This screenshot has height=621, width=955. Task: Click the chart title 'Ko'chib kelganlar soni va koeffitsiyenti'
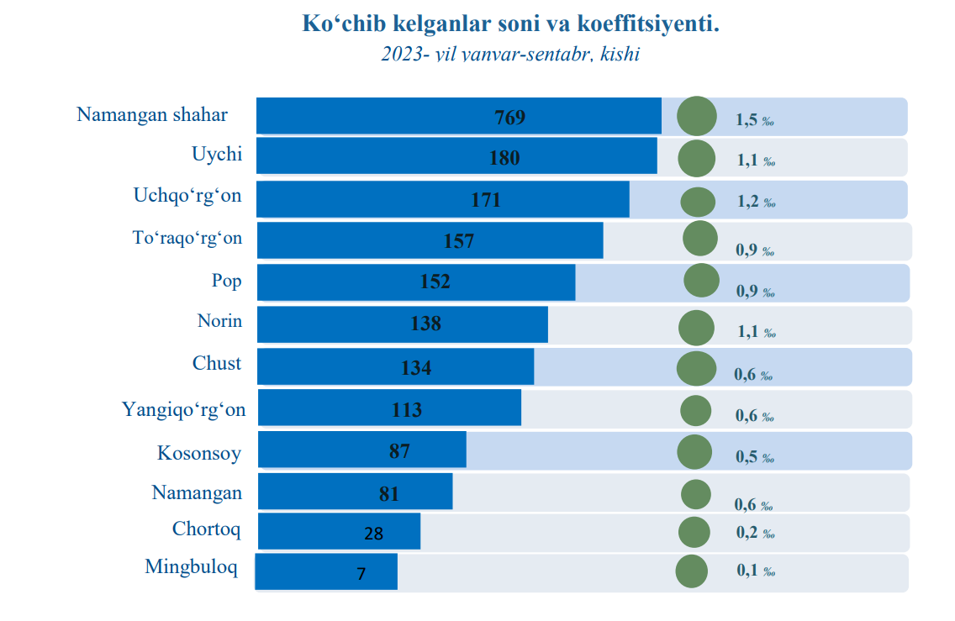pyautogui.click(x=510, y=24)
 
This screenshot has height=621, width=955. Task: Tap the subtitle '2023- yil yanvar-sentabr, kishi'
pyautogui.click(x=510, y=55)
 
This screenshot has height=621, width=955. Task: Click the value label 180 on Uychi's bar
pyautogui.click(x=504, y=158)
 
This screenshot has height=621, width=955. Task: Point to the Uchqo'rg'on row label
pyautogui.click(x=187, y=196)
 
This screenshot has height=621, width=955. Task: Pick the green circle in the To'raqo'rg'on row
pyautogui.click(x=699, y=239)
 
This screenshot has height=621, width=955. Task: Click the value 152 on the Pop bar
pyautogui.click(x=435, y=282)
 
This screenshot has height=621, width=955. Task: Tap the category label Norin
pyautogui.click(x=219, y=321)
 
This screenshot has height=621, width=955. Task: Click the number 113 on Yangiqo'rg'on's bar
pyautogui.click(x=407, y=410)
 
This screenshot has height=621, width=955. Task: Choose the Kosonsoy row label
pyautogui.click(x=199, y=454)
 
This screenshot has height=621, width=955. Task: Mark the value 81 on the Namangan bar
pyautogui.click(x=388, y=493)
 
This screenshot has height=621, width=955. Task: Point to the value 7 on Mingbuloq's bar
pyautogui.click(x=361, y=574)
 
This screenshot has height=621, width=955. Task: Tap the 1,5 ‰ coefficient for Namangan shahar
pyautogui.click(x=754, y=120)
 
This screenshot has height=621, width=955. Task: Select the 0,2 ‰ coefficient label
pyautogui.click(x=755, y=533)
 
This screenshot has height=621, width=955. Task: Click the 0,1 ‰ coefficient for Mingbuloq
pyautogui.click(x=755, y=571)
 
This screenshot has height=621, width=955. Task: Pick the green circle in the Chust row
pyautogui.click(x=696, y=368)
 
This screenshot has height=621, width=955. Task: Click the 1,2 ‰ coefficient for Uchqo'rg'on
pyautogui.click(x=756, y=203)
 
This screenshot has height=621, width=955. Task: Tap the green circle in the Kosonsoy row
pyautogui.click(x=694, y=452)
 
